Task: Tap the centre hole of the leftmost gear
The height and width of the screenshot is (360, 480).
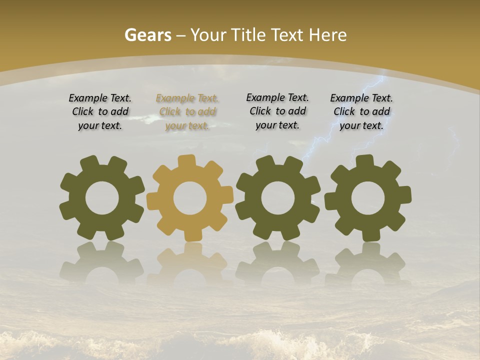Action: point(102,198)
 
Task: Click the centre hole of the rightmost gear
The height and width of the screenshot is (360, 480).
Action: point(368,198)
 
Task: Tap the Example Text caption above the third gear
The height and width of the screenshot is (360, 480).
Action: point(277,111)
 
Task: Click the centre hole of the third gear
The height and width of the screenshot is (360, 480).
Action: point(278,198)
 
